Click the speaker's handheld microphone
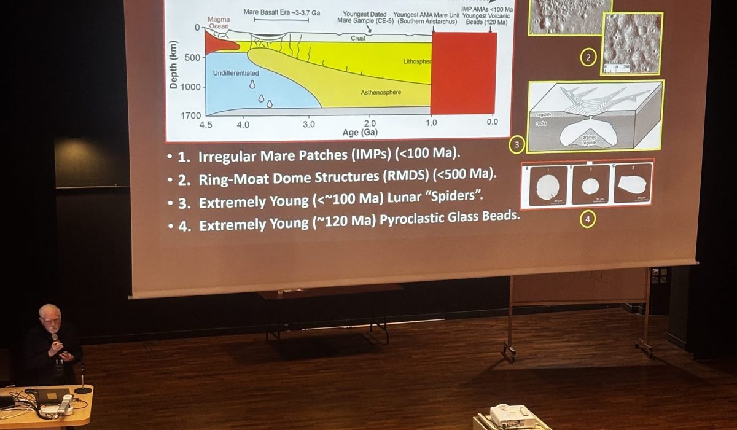[x=56, y=338]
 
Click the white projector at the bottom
[x=512, y=417]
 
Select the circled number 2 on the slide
[x=588, y=58]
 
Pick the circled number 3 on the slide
[x=517, y=146]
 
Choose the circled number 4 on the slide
[x=588, y=219]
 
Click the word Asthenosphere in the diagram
[x=381, y=92]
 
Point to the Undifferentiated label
[x=236, y=73]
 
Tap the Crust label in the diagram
[x=358, y=38]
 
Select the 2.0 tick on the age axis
[x=370, y=123]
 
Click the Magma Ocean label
[x=219, y=23]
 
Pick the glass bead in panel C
[x=632, y=184]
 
